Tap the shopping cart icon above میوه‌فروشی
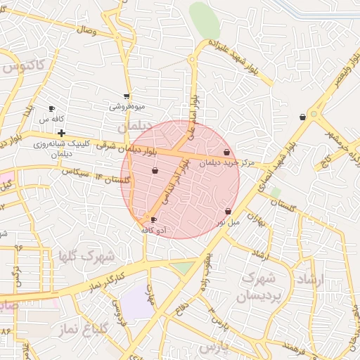pos(127,96)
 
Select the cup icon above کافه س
pos(51,108)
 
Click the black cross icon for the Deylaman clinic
pos(62,133)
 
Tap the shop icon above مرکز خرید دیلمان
pos(226,152)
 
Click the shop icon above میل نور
pos(228,211)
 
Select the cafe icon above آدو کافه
pos(153,220)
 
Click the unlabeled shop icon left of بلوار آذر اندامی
pos(155,170)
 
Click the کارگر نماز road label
pos(109,278)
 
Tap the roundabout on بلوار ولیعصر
pos(314,112)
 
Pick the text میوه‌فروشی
pos(127,107)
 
